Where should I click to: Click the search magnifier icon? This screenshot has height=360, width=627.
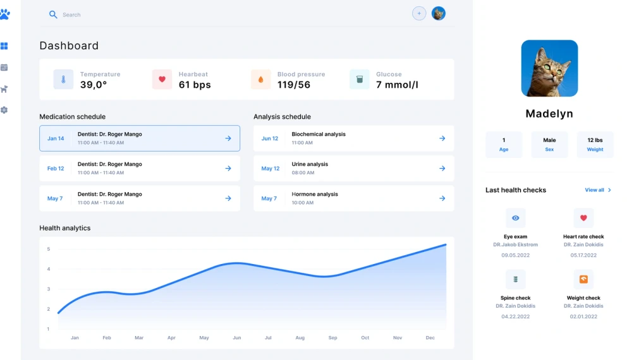click(x=53, y=15)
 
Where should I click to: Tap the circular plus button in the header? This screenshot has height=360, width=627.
click(x=419, y=13)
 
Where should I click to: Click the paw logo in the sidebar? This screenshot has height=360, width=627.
click(x=4, y=14)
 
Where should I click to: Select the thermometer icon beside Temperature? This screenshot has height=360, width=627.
click(x=63, y=80)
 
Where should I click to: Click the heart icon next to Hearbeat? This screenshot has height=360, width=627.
click(x=162, y=80)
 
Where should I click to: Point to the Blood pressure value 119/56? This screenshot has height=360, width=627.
click(x=294, y=85)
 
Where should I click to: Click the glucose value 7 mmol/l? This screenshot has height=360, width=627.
click(x=397, y=85)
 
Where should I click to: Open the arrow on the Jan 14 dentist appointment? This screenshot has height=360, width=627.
click(x=228, y=138)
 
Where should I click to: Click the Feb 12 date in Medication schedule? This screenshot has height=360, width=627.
click(x=56, y=169)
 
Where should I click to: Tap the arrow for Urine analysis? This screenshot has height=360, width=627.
click(x=442, y=169)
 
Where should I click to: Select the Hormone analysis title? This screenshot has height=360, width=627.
click(x=315, y=195)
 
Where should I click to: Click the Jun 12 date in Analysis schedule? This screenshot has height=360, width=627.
click(x=270, y=138)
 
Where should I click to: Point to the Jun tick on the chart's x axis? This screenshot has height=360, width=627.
click(x=236, y=338)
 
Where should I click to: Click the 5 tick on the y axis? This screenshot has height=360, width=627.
click(x=48, y=249)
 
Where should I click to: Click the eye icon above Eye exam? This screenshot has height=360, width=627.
click(x=516, y=218)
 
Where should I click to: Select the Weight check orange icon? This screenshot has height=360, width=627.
click(x=583, y=279)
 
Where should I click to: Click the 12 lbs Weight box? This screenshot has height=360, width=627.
click(x=595, y=144)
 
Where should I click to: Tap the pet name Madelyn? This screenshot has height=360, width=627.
click(x=549, y=114)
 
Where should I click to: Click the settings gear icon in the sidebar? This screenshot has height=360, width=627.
click(x=4, y=110)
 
